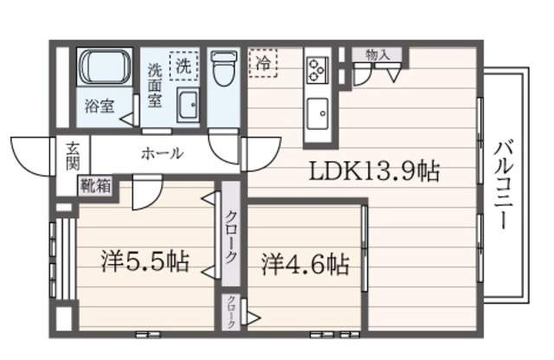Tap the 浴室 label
(x=99, y=108)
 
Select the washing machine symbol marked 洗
(x=183, y=65)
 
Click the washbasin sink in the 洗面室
(x=188, y=106)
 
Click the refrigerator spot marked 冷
(x=261, y=63)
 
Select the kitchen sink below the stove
(x=317, y=112)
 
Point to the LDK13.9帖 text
(x=374, y=171)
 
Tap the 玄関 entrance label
(x=72, y=155)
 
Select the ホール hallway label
(x=161, y=154)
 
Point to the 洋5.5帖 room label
(x=144, y=260)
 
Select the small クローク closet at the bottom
(x=232, y=312)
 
